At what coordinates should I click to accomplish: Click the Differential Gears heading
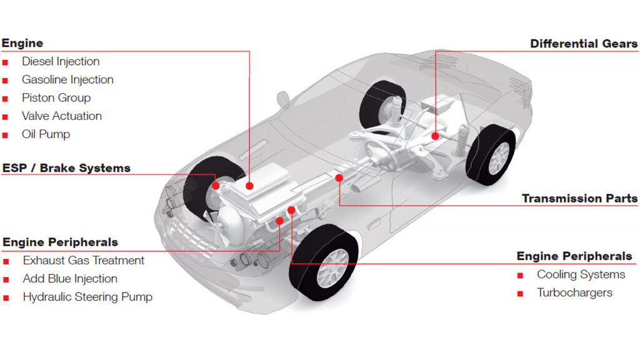pyautogui.click(x=584, y=44)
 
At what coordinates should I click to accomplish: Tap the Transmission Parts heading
pyautogui.click(x=579, y=198)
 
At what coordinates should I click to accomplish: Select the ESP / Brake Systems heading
pyautogui.click(x=66, y=168)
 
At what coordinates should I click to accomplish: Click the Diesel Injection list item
pyautogui.click(x=61, y=62)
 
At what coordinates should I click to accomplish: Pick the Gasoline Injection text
pyautogui.click(x=67, y=79)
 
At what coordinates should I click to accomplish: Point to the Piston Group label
pyautogui.click(x=56, y=98)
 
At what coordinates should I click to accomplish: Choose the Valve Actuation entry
pyautogui.click(x=62, y=116)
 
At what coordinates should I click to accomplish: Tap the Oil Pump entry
pyautogui.click(x=46, y=134)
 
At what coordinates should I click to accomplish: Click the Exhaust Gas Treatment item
pyautogui.click(x=84, y=261)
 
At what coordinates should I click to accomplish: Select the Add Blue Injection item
pyautogui.click(x=70, y=279)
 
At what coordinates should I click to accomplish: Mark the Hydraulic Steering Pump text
pyautogui.click(x=87, y=297)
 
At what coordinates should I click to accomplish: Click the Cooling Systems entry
pyautogui.click(x=581, y=275)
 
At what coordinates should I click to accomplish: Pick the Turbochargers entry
pyautogui.click(x=575, y=292)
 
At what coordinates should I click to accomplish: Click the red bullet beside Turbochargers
pyautogui.click(x=520, y=294)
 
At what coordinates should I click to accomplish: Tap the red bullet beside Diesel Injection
pyautogui.click(x=5, y=62)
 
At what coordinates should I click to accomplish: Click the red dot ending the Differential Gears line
pyautogui.click(x=436, y=136)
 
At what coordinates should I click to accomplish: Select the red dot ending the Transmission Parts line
pyautogui.click(x=339, y=178)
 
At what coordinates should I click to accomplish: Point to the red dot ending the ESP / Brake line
pyautogui.click(x=216, y=186)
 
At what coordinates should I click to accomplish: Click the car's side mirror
pyautogui.click(x=282, y=99)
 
